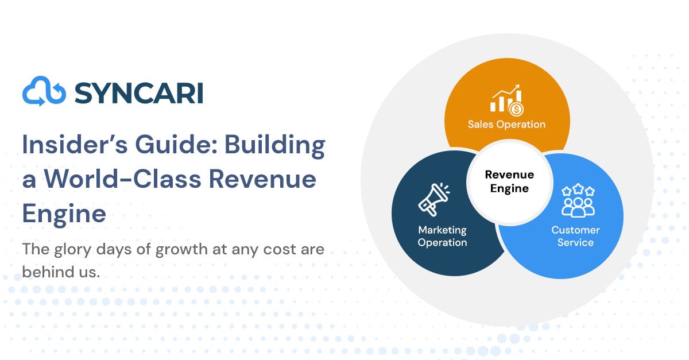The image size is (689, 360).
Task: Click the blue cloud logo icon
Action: pyautogui.click(x=44, y=91)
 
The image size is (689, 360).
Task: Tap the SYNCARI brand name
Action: pyautogui.click(x=139, y=93)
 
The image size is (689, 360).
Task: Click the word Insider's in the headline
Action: pyautogui.click(x=75, y=144)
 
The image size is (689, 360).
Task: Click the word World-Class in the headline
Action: pyautogui.click(x=123, y=179)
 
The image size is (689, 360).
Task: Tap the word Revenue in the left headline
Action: pyautogui.click(x=262, y=179)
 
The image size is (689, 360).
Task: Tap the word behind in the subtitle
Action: pyautogui.click(x=48, y=272)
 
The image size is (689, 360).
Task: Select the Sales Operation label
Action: pyautogui.click(x=506, y=125)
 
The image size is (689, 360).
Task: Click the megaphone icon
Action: pyautogui.click(x=434, y=199)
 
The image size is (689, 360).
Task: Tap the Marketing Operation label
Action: pyautogui.click(x=442, y=237)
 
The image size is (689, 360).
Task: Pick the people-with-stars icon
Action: pyautogui.click(x=578, y=200)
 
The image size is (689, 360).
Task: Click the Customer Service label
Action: pyautogui.click(x=575, y=237)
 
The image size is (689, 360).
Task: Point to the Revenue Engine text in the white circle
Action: pyautogui.click(x=509, y=181)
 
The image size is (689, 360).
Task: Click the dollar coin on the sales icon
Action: pyautogui.click(x=516, y=109)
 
